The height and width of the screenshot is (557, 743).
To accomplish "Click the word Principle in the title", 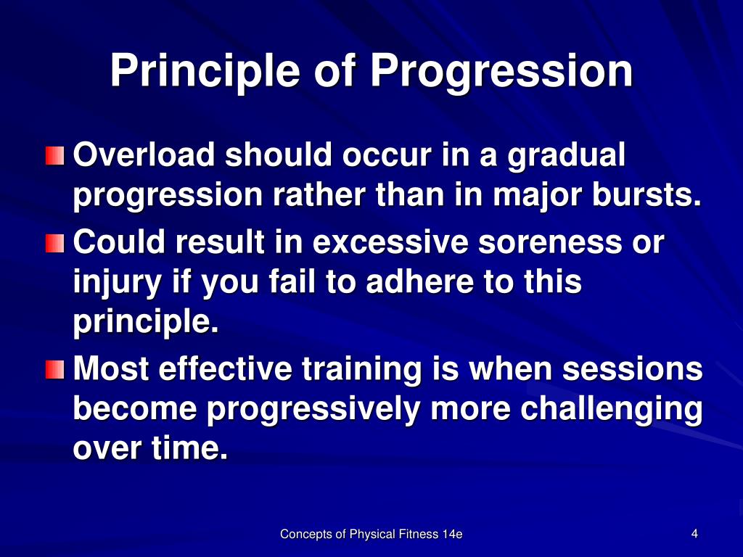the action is click(205, 71).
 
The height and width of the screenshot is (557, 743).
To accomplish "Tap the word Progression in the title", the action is click(501, 71).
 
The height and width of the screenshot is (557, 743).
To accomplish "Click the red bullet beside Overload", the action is click(55, 156).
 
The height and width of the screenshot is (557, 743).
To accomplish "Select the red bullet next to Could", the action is click(55, 243).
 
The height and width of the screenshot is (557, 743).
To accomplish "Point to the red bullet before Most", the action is click(55, 369).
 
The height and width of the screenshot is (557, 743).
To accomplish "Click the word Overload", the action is click(144, 155).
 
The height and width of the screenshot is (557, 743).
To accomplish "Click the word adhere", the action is click(419, 282).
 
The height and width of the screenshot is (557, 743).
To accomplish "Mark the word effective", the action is click(226, 368).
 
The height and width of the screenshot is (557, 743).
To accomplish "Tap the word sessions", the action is click(632, 368).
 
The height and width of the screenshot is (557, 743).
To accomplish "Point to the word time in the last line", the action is click(189, 448).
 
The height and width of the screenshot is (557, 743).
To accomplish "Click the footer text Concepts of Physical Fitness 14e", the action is click(371, 535).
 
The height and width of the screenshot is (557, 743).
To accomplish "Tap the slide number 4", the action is click(694, 534).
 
